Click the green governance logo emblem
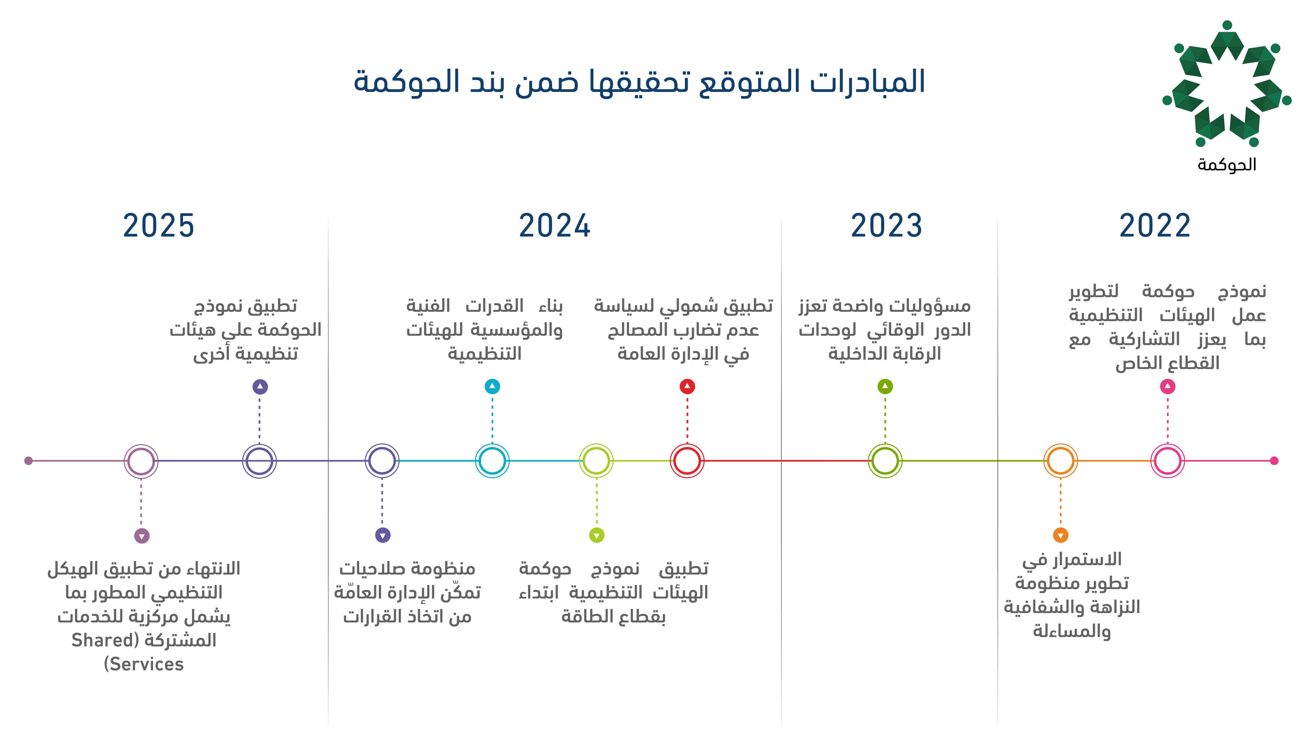click(x=1227, y=84)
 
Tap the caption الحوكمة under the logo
click(x=1227, y=164)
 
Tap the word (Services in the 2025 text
click(x=144, y=664)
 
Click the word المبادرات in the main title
click(x=867, y=82)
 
